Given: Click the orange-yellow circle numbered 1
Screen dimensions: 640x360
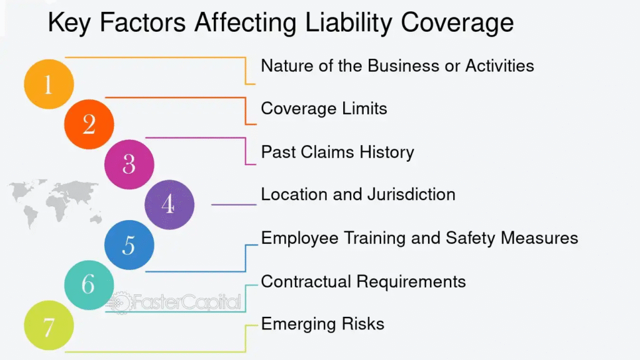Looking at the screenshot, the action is pyautogui.click(x=49, y=84).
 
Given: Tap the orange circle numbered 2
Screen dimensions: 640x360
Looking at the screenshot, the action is pyautogui.click(x=89, y=124).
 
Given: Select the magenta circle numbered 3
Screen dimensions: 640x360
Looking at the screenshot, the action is pyautogui.click(x=129, y=164).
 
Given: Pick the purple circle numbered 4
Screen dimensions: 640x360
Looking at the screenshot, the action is pyautogui.click(x=169, y=204).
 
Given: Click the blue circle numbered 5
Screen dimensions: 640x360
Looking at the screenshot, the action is pyautogui.click(x=129, y=245).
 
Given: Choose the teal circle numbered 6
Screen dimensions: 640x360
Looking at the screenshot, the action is pyautogui.click(x=89, y=285).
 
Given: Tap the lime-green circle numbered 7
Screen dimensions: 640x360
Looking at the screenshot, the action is pyautogui.click(x=49, y=325).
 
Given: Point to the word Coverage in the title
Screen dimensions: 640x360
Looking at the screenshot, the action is pyautogui.click(x=457, y=23).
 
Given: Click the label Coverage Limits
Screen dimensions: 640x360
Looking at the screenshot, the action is pyautogui.click(x=324, y=109).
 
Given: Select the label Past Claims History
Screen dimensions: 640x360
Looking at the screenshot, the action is pyautogui.click(x=337, y=152).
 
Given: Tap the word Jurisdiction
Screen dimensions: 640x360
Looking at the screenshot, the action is pyautogui.click(x=411, y=194).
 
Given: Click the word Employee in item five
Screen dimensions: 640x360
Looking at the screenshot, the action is pyautogui.click(x=299, y=238).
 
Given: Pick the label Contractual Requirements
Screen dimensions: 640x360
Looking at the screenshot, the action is pyautogui.click(x=363, y=282).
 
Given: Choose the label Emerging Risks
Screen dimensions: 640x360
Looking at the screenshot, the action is pyautogui.click(x=322, y=324).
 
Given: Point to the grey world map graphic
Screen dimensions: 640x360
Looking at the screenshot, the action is pyautogui.click(x=55, y=202).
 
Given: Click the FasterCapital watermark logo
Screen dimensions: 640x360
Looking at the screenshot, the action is pyautogui.click(x=174, y=302).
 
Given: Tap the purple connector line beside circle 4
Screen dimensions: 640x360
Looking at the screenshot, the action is pyautogui.click(x=234, y=204).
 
